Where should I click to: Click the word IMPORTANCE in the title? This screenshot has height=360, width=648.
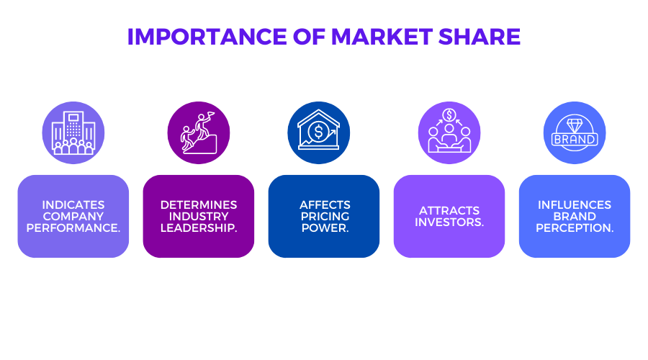point(207,37)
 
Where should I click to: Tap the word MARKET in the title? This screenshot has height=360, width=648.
point(382,37)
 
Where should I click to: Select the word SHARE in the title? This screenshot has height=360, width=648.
point(480,37)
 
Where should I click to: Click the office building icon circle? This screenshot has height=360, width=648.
point(73,132)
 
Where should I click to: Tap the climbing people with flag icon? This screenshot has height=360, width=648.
point(199,132)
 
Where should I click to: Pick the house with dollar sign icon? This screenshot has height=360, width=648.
point(319,132)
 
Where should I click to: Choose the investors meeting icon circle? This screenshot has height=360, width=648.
point(449,132)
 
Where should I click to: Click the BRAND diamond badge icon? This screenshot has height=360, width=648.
point(575,132)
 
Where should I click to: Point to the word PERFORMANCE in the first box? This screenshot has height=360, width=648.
point(73,228)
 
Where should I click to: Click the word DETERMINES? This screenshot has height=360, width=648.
point(199,204)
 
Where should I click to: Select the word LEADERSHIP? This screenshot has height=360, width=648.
point(199,228)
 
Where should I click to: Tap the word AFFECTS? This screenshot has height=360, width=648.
point(325,204)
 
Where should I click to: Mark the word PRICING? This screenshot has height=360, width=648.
point(325,216)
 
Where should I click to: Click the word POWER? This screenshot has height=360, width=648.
point(325,228)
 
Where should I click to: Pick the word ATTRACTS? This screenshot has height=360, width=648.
point(449,210)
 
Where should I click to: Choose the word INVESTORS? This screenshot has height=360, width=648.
point(449,222)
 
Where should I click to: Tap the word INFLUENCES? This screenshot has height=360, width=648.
point(575,204)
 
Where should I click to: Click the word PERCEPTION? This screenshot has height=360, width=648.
point(575,228)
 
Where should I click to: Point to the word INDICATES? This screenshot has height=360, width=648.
point(73,204)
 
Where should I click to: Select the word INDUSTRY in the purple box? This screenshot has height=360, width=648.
point(199,216)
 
